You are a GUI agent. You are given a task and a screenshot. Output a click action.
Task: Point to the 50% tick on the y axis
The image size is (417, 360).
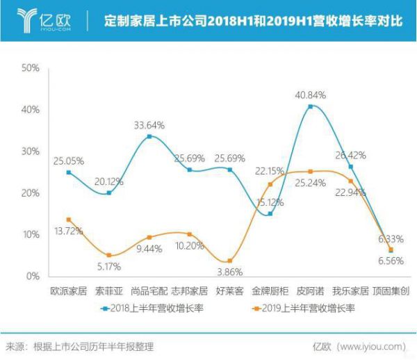pos(31,68)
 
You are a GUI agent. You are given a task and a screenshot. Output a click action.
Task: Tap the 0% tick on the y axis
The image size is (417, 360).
pos(33,277)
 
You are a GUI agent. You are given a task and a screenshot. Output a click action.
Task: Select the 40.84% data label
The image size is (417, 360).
pos(311,95)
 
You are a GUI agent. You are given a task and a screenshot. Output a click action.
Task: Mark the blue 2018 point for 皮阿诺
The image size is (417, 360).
pos(311,106)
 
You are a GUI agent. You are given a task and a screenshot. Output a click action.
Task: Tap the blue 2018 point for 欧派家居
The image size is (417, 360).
pos(68,172)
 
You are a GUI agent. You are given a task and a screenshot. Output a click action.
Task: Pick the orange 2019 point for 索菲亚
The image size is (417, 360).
pos(108,255)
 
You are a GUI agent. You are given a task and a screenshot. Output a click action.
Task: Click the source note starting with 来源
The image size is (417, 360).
pos(79,345)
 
